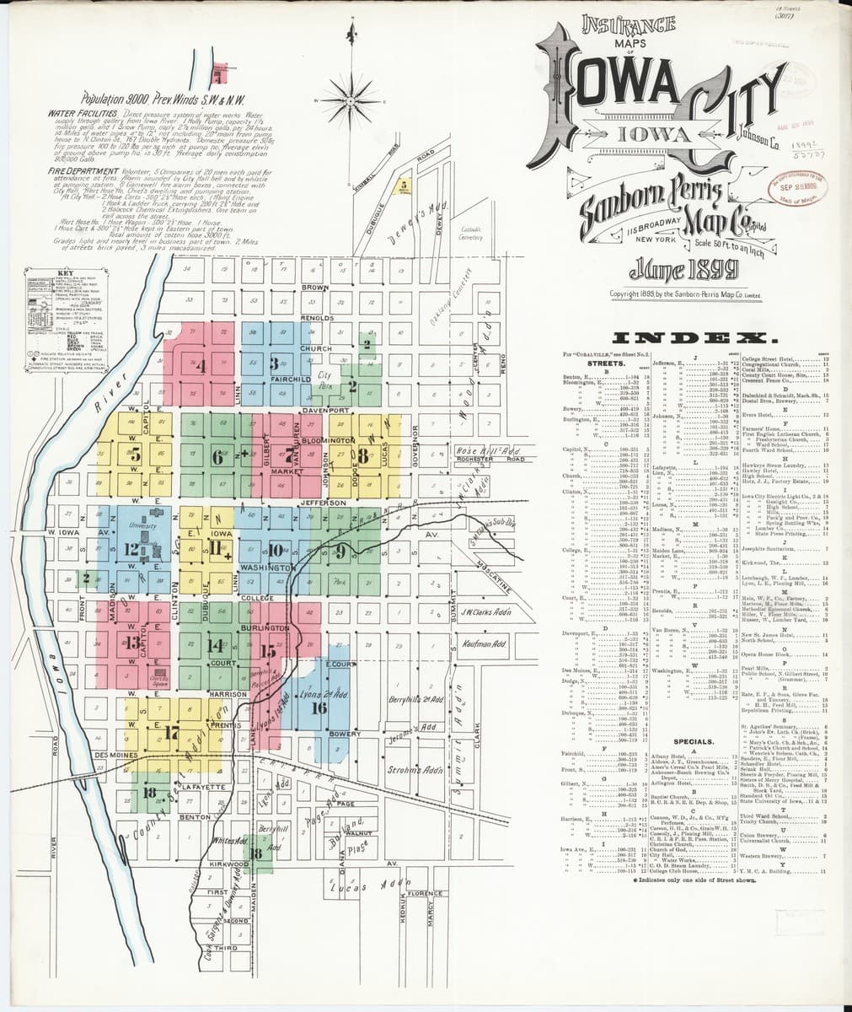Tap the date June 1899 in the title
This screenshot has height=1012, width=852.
point(683,269)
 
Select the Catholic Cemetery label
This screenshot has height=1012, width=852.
point(470,233)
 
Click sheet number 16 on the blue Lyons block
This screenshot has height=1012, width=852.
point(319,708)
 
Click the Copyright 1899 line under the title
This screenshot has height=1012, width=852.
point(687,293)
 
